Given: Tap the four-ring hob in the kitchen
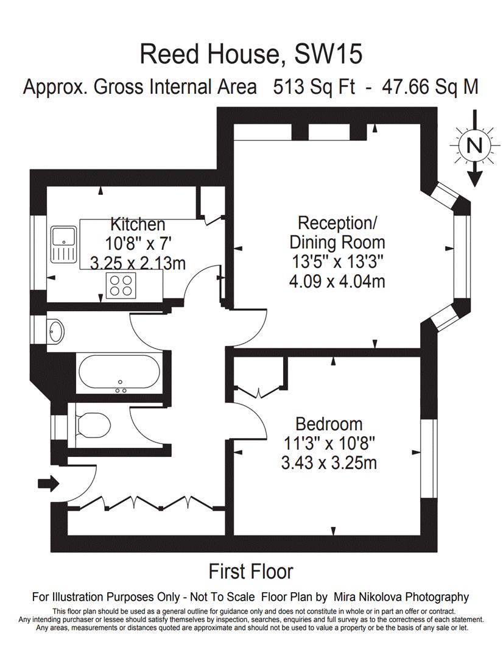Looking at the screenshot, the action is click(121, 285).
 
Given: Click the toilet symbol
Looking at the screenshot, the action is click(93, 425).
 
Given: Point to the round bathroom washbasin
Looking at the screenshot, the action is click(55, 330).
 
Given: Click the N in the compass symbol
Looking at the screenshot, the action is click(474, 146).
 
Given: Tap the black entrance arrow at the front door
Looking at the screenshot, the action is click(49, 483).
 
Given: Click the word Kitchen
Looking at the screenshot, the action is click(138, 224).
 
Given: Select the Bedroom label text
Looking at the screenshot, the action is click(329, 424).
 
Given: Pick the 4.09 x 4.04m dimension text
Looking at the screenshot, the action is click(337, 281).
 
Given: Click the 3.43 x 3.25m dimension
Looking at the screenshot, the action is click(329, 463).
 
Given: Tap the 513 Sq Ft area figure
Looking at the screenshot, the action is click(314, 87).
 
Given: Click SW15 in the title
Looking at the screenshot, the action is click(328, 54).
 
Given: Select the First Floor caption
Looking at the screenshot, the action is click(251, 571).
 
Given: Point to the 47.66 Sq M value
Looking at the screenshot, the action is click(430, 87).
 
